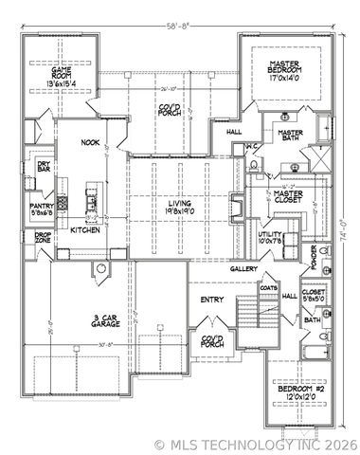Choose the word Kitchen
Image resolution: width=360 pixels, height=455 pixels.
(85, 229)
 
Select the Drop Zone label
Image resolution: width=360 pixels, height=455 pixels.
(43, 243)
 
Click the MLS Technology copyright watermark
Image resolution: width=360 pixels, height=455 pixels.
(255, 444)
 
